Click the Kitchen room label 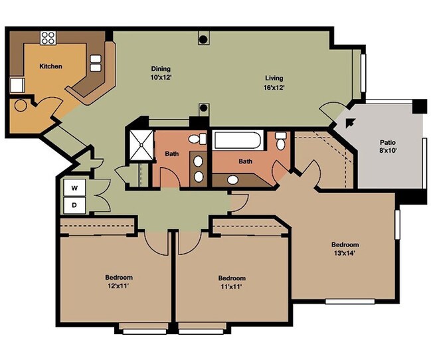click(50, 66)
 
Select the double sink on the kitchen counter click(96, 62)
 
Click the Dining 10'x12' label click(161, 72)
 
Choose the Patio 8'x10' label click(388, 146)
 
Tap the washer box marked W click(74, 188)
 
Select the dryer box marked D click(74, 205)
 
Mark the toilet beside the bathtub click(281, 141)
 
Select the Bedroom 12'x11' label click(118, 281)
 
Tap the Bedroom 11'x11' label click(232, 282)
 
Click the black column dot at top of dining click(203, 39)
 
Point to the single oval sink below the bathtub click(232, 179)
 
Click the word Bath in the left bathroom click(171, 154)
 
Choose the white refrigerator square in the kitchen click(16, 85)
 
